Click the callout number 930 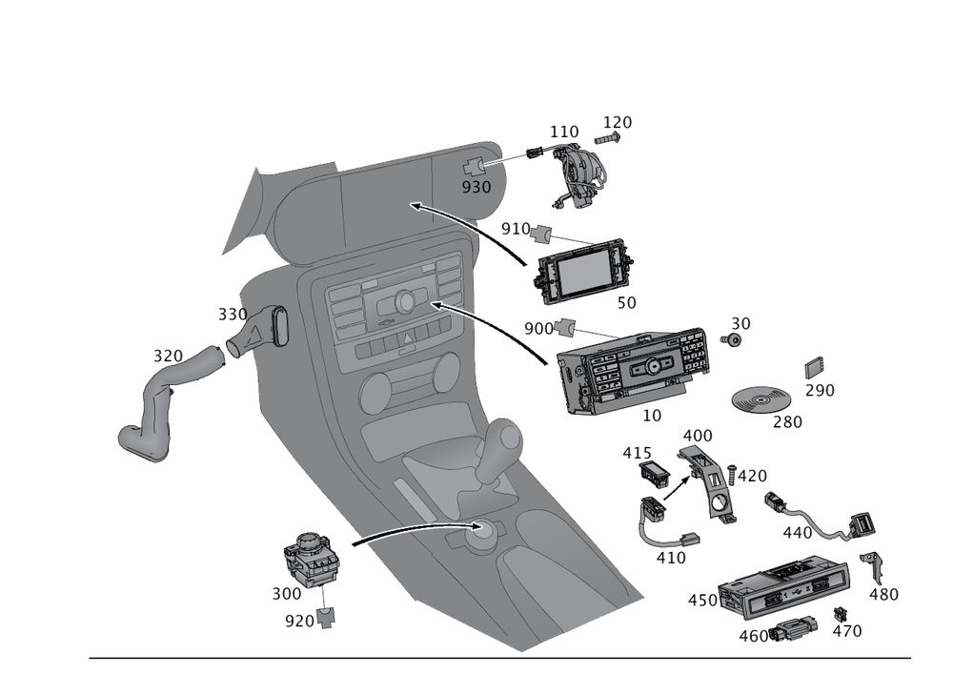coord(476,187)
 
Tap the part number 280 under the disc coord(787,420)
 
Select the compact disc coord(763,398)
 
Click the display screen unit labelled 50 coord(583,272)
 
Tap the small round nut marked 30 coord(732,339)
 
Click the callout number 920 coord(299,621)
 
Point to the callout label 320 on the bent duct coord(169,357)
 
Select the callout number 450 coord(702,600)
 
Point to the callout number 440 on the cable coord(797,532)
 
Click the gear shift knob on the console coord(505,439)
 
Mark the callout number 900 coord(538,328)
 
